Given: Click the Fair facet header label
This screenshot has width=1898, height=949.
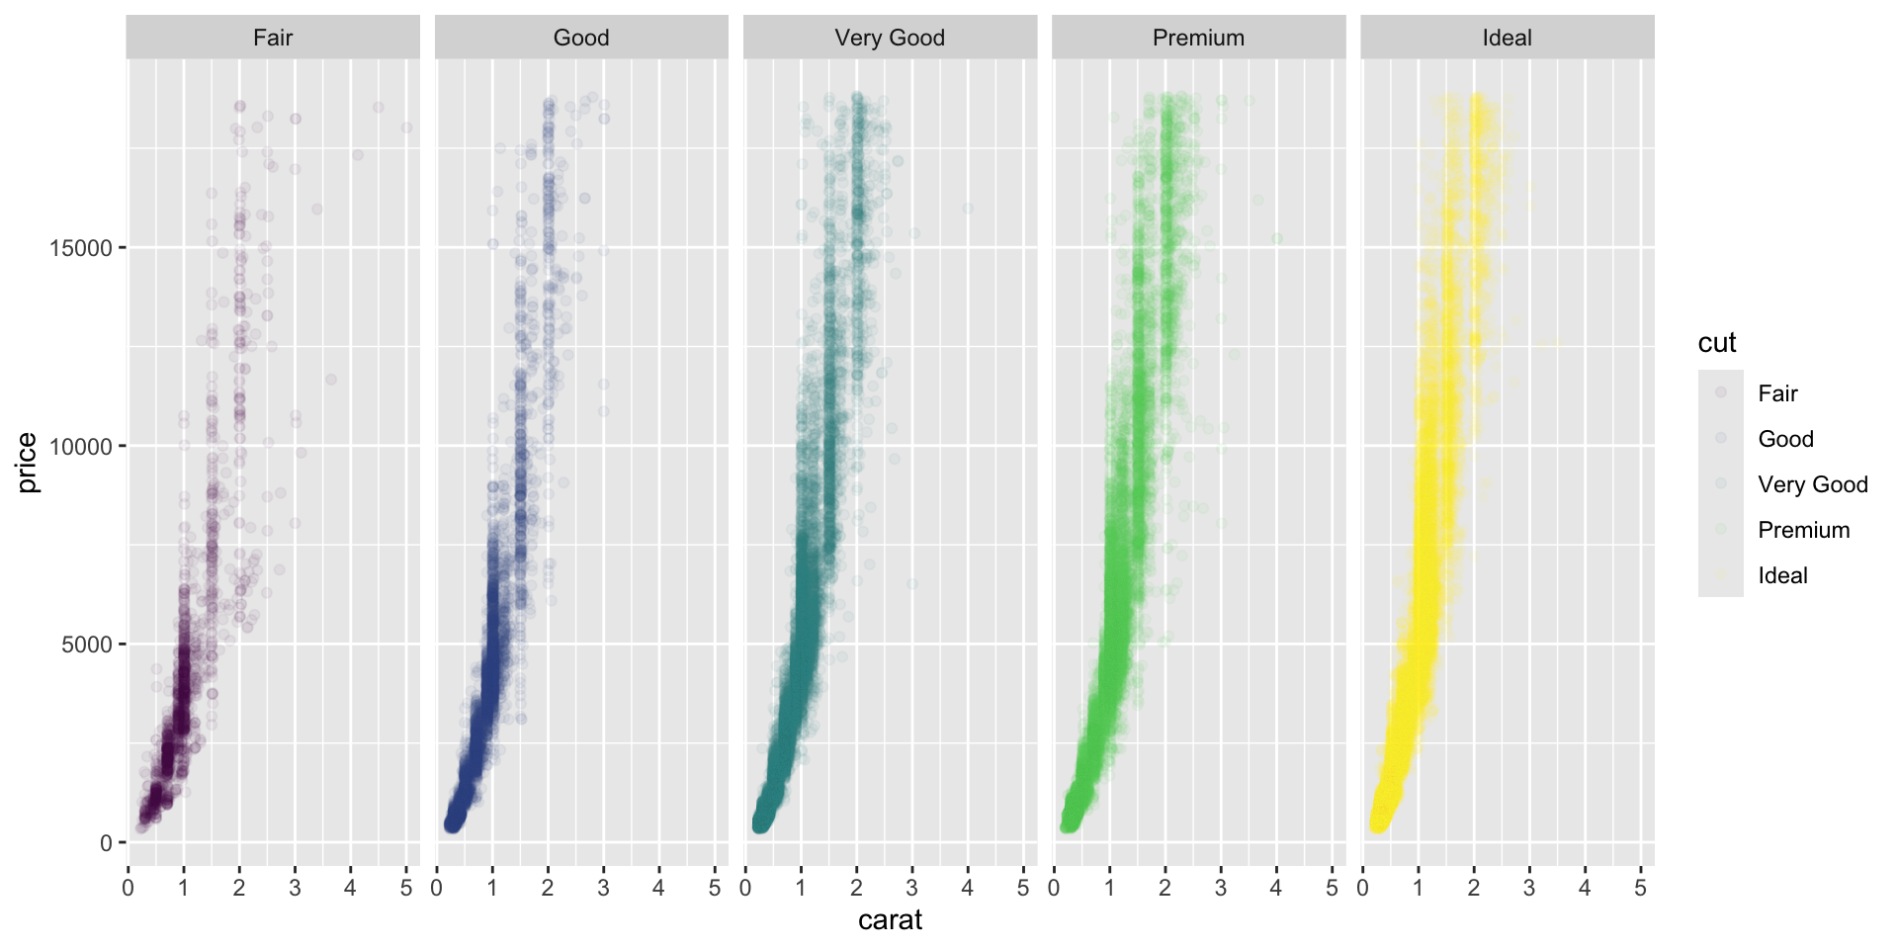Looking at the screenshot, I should click(273, 38).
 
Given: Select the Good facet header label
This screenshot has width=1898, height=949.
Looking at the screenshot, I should click(581, 38).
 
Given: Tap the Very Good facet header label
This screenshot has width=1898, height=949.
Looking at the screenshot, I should click(890, 38).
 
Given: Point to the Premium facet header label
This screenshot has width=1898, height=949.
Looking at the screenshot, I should click(1198, 38).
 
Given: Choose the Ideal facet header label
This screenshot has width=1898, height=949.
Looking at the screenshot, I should click(1507, 38).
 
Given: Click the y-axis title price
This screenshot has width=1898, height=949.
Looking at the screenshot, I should click(27, 462).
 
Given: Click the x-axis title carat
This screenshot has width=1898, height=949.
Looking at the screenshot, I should click(890, 920).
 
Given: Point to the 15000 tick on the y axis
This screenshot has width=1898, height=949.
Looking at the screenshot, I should click(81, 248).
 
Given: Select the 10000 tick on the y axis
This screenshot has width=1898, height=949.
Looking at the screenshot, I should click(81, 447).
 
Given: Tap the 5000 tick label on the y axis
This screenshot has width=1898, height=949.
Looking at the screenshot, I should click(87, 645).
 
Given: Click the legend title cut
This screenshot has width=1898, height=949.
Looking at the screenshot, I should click(1717, 343).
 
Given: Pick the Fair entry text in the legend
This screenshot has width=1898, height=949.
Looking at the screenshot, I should click(1777, 393).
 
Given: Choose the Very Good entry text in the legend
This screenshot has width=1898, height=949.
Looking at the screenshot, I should click(1812, 484).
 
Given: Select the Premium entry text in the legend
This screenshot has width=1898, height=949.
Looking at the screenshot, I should click(1803, 530).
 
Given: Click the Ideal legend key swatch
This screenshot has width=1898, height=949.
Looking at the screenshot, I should click(1721, 575).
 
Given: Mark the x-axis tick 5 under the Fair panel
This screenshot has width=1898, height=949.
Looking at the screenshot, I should click(406, 888).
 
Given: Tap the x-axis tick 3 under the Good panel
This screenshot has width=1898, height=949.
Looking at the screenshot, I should click(604, 888).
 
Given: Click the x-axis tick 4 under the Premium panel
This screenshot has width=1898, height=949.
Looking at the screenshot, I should click(1276, 888).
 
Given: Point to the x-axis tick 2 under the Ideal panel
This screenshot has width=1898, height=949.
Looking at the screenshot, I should click(1474, 888).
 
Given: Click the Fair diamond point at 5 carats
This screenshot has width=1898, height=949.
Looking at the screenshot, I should click(406, 128).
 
